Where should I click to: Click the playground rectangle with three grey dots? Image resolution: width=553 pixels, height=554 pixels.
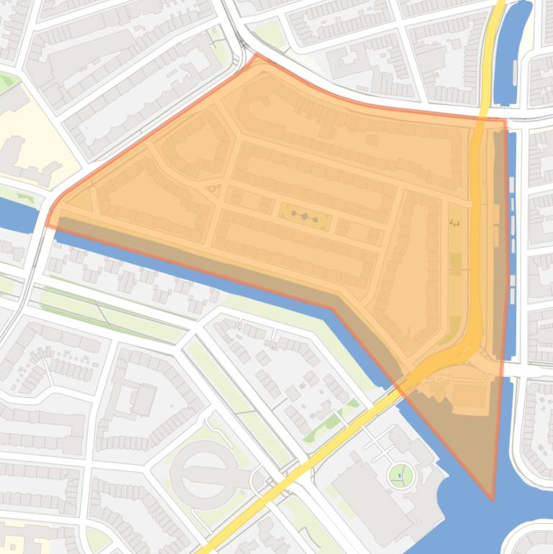(305, 217)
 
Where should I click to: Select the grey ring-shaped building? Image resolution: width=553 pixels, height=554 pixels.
(204, 475)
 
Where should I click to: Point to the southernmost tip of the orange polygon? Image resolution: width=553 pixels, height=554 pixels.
(493, 499)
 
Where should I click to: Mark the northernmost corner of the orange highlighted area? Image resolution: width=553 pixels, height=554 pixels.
(256, 54)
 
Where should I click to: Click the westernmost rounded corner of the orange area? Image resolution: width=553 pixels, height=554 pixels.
(47, 223)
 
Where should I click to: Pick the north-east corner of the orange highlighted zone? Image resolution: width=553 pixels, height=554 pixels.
(505, 120)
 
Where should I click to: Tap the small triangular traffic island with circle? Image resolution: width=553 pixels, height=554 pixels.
(213, 190)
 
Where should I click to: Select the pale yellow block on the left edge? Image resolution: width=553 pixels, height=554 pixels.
(29, 130)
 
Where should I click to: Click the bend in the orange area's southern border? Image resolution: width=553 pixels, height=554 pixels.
(333, 310)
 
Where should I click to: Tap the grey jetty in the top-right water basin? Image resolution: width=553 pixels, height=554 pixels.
(516, 72)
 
